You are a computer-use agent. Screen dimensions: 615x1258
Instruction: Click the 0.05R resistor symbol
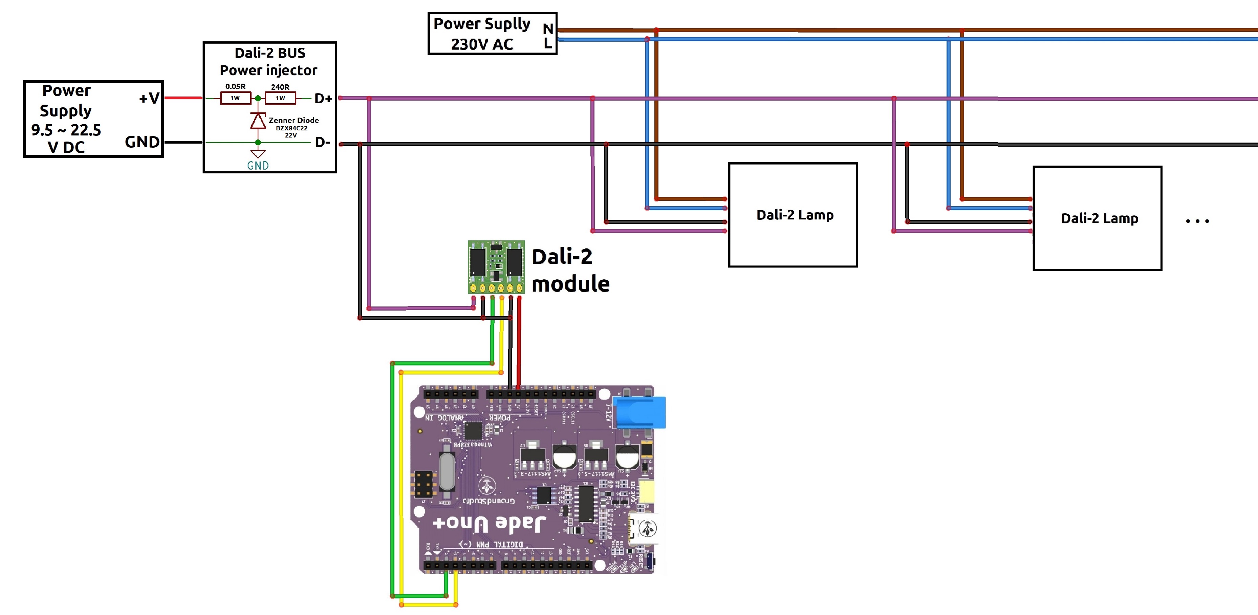point(235,98)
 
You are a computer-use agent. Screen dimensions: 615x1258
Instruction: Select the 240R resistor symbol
point(280,98)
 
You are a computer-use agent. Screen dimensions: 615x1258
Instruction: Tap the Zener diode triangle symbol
point(258,121)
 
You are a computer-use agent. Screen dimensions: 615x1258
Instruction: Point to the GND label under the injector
point(258,166)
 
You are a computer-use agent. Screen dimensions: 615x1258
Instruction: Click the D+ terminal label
point(323,99)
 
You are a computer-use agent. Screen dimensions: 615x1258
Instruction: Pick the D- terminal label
point(322,142)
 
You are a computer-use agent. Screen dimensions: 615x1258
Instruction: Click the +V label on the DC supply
point(149,98)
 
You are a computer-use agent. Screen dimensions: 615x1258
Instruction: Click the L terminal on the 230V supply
point(548,43)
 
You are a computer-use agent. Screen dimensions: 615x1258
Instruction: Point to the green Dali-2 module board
point(496,267)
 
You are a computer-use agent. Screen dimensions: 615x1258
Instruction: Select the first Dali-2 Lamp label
point(795,215)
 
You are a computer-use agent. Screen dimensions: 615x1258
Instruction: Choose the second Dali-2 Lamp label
point(1099,218)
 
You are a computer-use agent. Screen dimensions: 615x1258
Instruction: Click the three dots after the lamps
point(1197,221)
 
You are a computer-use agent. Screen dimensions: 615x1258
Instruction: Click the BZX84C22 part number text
point(291,128)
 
